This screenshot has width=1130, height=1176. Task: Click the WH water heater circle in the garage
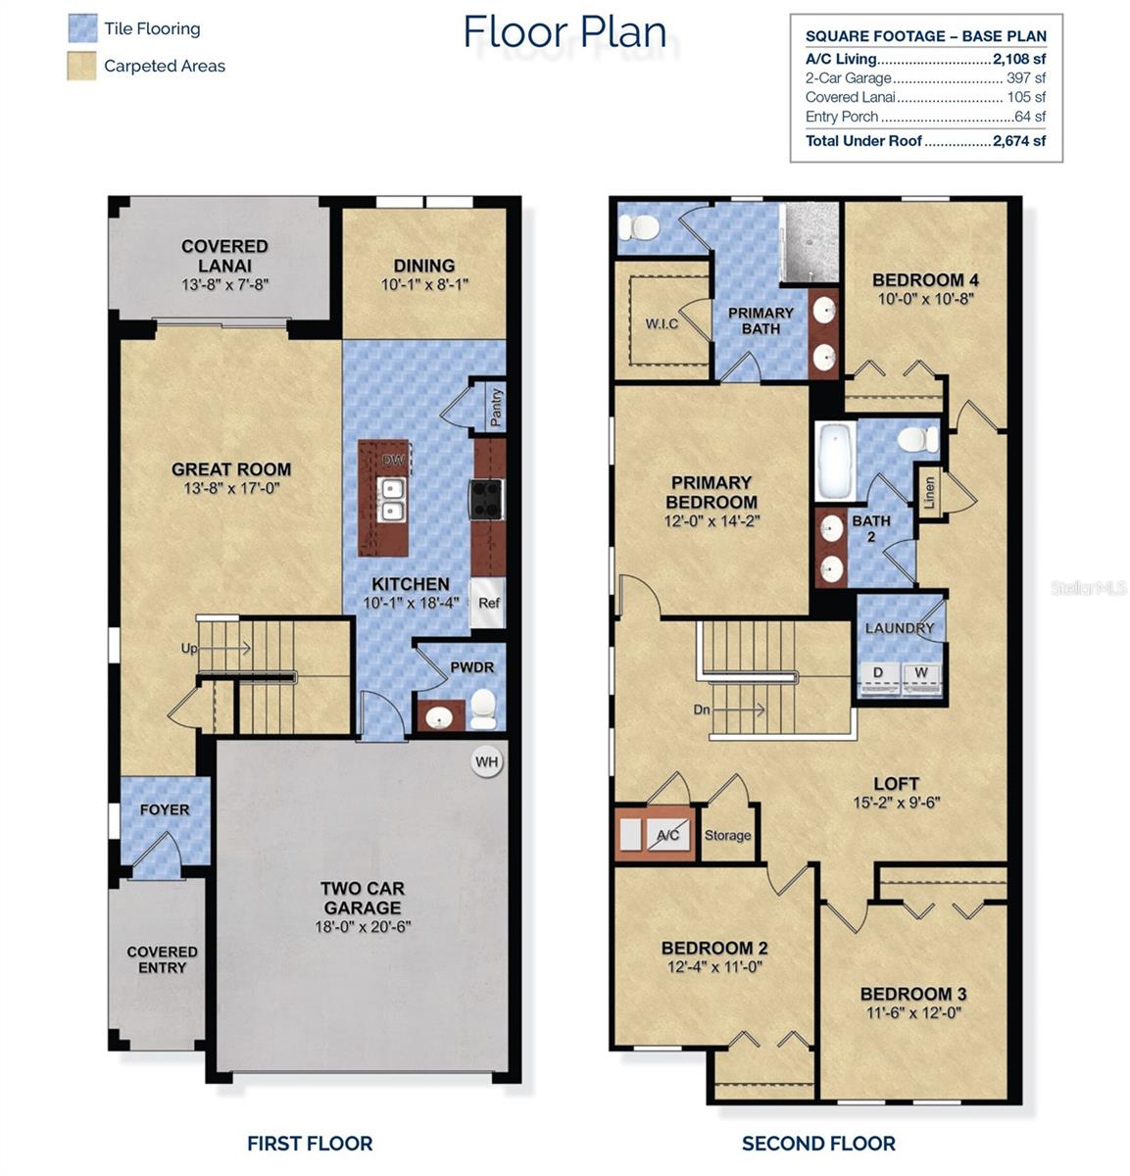486,761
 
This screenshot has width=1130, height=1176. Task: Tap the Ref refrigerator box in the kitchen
488,603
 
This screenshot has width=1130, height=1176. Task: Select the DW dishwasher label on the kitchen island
392,460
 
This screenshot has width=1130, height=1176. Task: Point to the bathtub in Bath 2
835,462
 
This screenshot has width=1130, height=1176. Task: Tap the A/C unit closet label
667,835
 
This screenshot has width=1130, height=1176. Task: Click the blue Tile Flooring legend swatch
82,28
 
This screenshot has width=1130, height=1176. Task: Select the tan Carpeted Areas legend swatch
82,66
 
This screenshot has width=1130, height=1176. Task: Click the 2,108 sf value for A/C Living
1019,59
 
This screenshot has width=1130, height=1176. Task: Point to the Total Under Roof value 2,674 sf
1019,140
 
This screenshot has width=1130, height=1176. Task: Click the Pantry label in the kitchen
496,407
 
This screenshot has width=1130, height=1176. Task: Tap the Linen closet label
929,491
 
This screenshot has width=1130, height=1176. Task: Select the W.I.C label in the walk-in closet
662,323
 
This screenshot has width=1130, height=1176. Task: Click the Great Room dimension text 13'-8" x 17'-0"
231,488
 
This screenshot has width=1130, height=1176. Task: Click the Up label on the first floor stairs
188,648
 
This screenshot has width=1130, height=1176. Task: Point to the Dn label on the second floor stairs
701,709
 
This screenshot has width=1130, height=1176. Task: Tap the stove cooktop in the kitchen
486,498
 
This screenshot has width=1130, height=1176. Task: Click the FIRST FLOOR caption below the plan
309,1143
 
